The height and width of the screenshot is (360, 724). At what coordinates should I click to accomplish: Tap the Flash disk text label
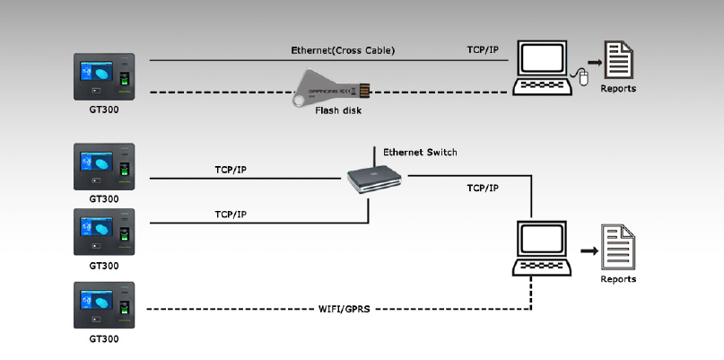(338, 111)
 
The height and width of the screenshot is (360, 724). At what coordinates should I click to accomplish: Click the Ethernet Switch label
(420, 153)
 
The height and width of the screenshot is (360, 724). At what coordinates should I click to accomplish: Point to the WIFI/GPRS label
(344, 309)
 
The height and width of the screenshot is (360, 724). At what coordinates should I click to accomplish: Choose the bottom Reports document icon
(618, 249)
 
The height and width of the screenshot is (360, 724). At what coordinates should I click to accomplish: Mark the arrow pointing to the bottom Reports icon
(588, 251)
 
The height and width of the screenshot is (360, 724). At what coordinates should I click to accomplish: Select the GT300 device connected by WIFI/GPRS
(104, 305)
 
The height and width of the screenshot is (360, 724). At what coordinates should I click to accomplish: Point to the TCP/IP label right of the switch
(483, 189)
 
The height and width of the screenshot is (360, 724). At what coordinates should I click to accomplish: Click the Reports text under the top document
(618, 89)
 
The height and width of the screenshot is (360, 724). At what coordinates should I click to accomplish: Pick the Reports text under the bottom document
(618, 279)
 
